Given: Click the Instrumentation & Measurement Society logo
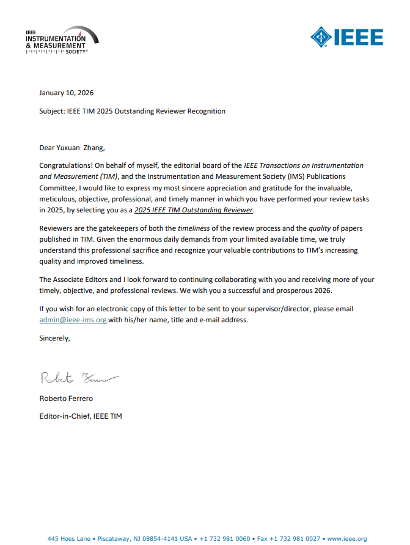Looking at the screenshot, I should coord(62,40).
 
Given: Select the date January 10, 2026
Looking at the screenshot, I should coord(66,93).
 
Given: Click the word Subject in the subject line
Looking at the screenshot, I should coord(51,111).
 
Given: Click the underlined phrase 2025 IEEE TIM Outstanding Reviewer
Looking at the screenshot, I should coord(193,210).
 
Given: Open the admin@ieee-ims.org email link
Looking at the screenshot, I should coord(73,320).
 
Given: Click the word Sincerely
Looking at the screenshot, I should coord(54,337).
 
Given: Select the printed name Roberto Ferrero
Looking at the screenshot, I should coord(67,399).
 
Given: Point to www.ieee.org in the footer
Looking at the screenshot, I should coord(347,538).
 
